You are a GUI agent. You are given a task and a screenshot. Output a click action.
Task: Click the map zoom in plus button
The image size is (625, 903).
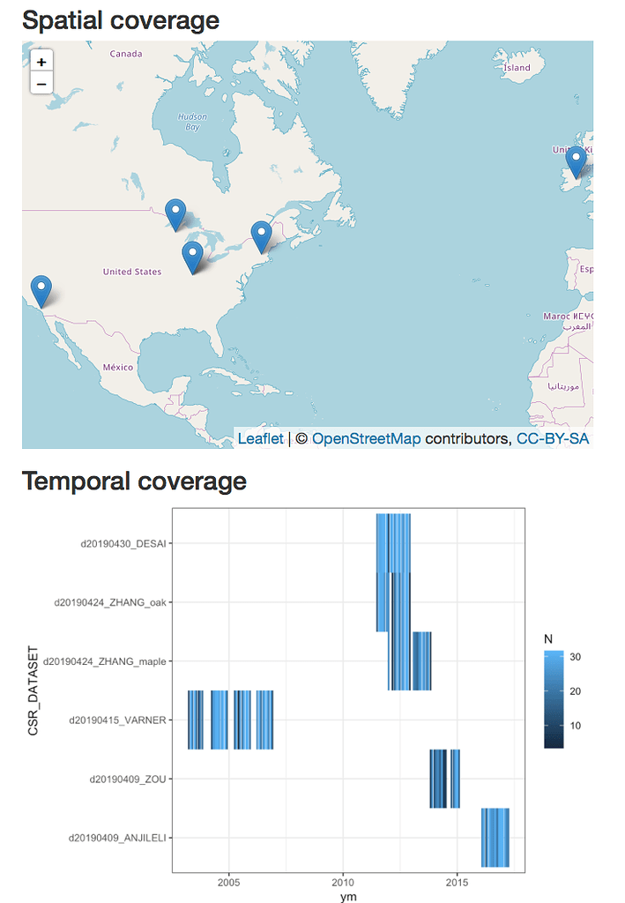pos(41,62)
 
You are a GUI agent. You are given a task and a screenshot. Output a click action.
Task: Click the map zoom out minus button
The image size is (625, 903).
pos(41,84)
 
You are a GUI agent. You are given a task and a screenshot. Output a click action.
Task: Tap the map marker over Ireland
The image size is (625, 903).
pos(576,162)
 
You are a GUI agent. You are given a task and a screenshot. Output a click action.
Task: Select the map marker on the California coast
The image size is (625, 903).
pos(41,290)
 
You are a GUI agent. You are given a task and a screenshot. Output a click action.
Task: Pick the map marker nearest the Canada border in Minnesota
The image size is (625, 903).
pos(176,214)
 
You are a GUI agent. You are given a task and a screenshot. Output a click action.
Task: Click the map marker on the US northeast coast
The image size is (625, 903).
pos(261,235)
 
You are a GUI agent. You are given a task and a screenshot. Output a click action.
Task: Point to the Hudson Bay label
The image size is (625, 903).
pos(192,122)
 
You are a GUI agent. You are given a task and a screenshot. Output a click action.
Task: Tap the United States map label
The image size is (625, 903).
pos(132,272)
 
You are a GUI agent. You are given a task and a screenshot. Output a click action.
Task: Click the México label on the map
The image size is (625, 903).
pos(118,367)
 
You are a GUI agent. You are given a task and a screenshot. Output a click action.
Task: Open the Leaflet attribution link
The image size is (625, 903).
pos(261,438)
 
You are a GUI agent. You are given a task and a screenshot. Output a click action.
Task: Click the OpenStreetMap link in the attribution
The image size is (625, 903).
pos(366,438)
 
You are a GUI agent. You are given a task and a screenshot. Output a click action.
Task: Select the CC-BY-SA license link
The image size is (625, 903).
pos(553,438)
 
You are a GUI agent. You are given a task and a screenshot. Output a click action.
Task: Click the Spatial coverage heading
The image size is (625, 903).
pos(120,19)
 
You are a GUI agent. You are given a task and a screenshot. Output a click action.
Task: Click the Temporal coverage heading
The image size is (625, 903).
pos(134,481)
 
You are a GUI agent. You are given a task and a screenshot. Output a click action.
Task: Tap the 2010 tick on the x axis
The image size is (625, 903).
pos(343,882)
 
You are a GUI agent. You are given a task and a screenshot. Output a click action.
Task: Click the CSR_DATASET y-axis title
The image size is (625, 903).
pos(33,690)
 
